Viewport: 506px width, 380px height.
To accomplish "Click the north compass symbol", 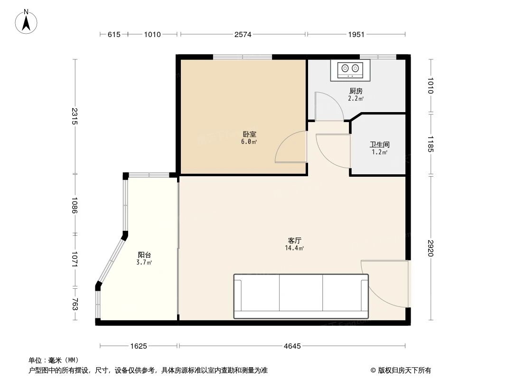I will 27,22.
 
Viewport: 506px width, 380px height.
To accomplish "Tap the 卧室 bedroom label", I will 250,134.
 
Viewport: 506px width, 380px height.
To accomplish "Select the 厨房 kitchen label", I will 356,91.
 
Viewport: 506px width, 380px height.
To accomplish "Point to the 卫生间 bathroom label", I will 380,144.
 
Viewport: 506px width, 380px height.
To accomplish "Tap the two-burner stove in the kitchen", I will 350,70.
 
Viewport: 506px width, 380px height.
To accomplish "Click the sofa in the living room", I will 301,295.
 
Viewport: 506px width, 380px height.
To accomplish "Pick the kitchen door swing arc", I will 329,106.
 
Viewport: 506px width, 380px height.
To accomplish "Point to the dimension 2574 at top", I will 243,34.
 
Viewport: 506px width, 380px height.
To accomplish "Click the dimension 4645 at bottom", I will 292,346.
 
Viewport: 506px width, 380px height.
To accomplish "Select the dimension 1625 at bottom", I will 139,346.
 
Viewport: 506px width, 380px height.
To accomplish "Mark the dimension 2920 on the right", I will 431,248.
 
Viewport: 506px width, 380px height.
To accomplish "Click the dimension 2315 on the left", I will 75,116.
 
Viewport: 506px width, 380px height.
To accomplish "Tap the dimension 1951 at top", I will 356,34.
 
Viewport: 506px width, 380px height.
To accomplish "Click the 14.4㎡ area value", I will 294,248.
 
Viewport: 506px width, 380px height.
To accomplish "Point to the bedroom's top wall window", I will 243,57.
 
